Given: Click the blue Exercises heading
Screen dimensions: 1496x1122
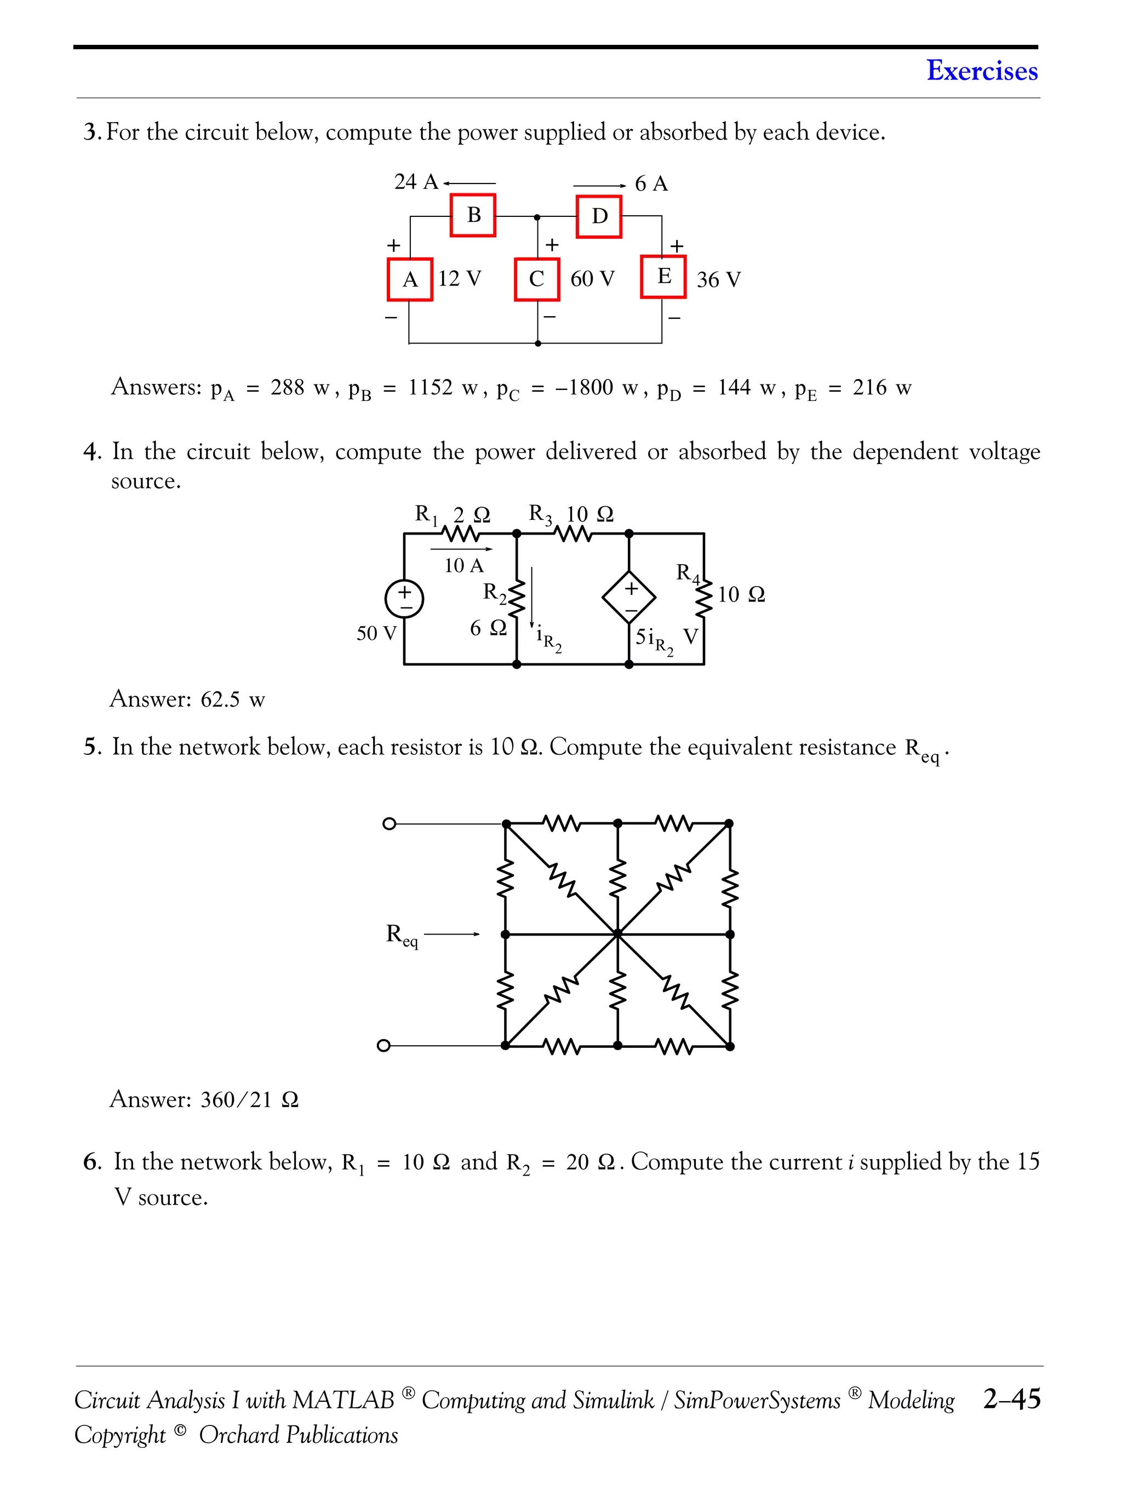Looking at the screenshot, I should pos(981,70).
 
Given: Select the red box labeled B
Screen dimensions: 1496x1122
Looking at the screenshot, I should pos(473,215).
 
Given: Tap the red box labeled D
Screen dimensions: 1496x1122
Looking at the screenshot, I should pos(599,216).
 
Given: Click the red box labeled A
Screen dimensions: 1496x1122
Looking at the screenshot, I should pos(410,279).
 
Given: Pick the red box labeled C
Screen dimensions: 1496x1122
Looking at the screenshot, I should pos(536,279).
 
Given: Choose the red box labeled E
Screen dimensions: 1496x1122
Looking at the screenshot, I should pos(663,276).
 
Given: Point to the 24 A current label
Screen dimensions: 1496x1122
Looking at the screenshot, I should pos(416,182).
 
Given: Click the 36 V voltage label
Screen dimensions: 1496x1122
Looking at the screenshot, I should pos(718,279).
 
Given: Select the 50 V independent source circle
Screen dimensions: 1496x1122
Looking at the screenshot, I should pos(404,599).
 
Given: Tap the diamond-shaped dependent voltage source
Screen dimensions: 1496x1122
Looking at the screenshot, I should pos(629,597).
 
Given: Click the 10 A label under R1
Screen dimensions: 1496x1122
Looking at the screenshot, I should pos(463,565).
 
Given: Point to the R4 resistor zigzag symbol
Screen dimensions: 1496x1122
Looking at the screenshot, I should pos(704,597).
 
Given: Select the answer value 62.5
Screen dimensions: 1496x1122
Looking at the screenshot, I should pos(220,698).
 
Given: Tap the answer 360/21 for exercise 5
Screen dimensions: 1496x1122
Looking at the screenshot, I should pos(236,1100).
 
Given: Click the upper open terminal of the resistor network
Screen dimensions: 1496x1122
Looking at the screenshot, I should pos(389,824).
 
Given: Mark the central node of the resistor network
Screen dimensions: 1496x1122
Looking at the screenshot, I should pos(617,935).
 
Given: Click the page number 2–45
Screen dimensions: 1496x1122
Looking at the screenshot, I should pos(1012,1398).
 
